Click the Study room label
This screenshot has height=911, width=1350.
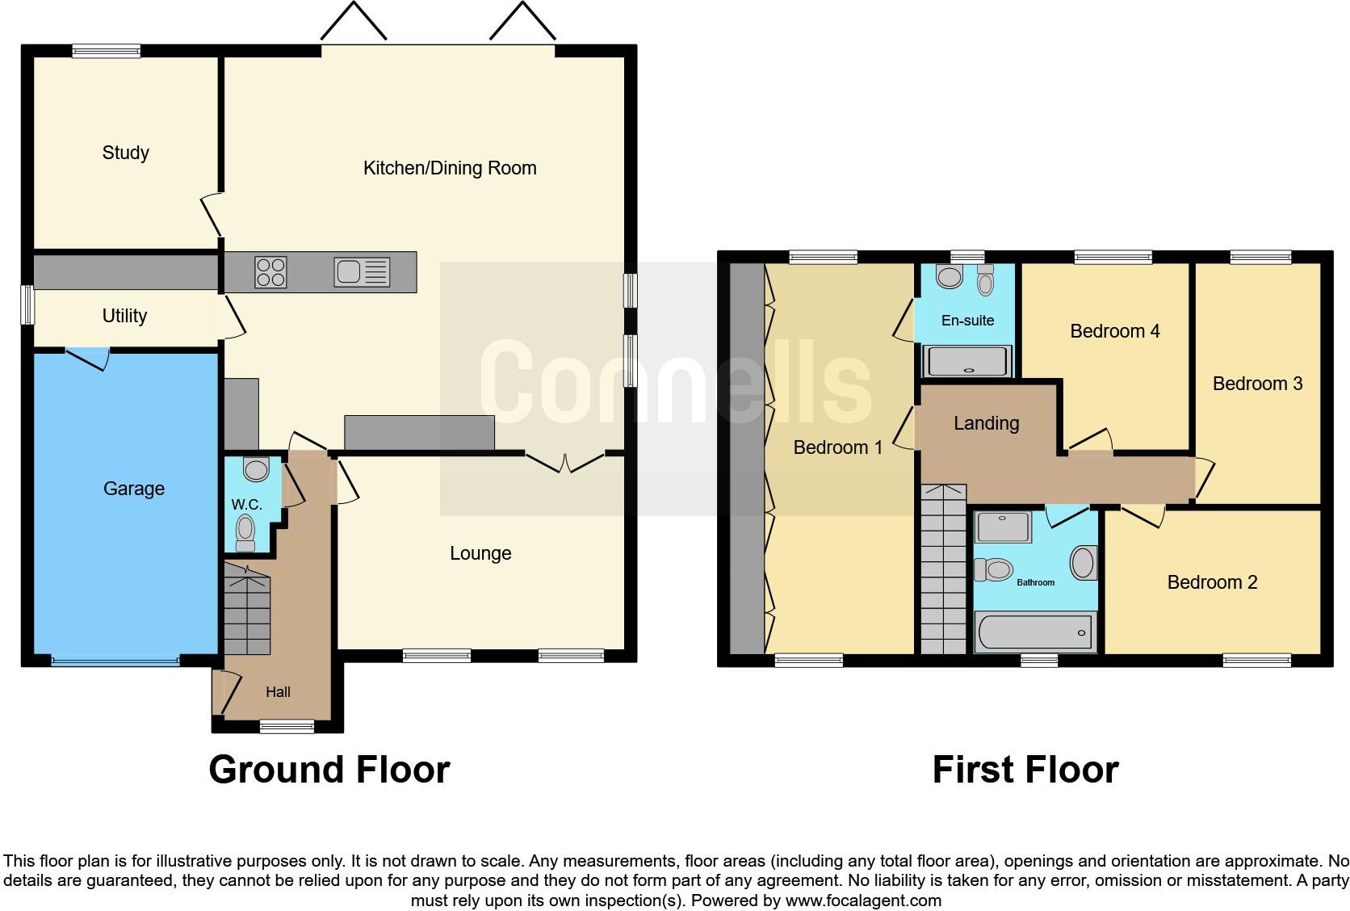125,153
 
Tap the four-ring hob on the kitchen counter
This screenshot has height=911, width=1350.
270,271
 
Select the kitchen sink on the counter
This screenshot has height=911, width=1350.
362,272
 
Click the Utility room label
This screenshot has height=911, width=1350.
124,316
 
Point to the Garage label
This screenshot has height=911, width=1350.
134,489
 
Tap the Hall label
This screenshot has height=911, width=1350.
278,692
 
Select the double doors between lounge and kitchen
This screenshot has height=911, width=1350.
565,463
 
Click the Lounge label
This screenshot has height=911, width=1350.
480,553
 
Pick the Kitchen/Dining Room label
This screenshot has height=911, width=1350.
450,168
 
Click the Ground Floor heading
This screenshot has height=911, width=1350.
329,770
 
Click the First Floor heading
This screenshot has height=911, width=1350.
1025,770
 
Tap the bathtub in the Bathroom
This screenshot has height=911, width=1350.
1035,632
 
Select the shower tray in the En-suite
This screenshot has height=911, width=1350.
967,361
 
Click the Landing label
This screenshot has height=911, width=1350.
986,423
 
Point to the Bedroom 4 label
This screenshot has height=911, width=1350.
1114,331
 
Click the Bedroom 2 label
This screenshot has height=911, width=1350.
1212,582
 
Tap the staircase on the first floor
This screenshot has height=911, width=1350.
943,569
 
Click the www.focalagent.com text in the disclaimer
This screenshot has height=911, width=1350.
863,900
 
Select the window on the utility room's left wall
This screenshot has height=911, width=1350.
27,305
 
